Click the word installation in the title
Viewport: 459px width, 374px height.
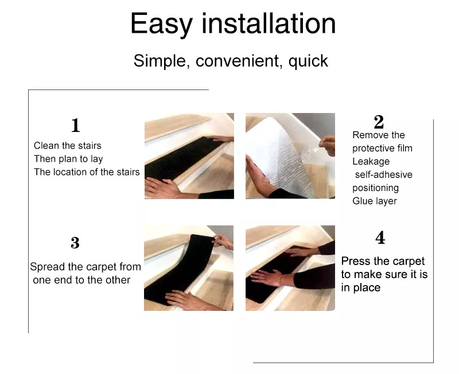pos(269,24)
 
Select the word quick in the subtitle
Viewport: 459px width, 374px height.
pos(308,61)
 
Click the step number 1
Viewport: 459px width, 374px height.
pos(76,125)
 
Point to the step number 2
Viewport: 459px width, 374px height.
pos(379,122)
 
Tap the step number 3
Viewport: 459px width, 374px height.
pos(75,243)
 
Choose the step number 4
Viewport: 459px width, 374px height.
pos(380,237)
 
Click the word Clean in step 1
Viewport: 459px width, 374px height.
pos(46,146)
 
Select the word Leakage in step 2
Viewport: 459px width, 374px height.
pos(371,161)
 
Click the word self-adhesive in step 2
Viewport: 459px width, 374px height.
pos(384,174)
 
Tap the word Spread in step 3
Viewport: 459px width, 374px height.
pos(48,267)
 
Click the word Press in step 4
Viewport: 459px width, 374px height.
pos(355,261)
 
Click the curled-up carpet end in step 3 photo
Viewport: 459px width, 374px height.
pos(202,243)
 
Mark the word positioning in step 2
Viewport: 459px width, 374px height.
pos(376,188)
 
